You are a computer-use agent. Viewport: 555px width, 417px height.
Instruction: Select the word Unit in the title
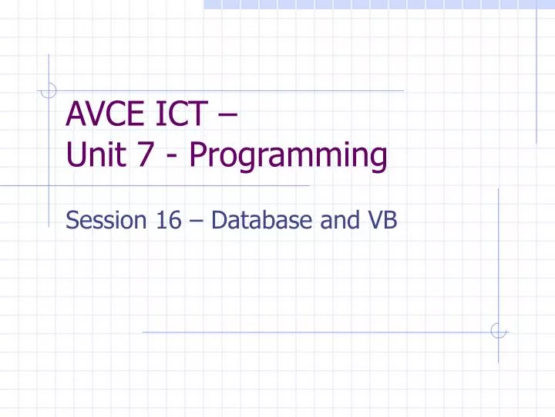pyautogui.click(x=92, y=157)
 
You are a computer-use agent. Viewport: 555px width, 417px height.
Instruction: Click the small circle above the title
pyautogui.click(x=49, y=91)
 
